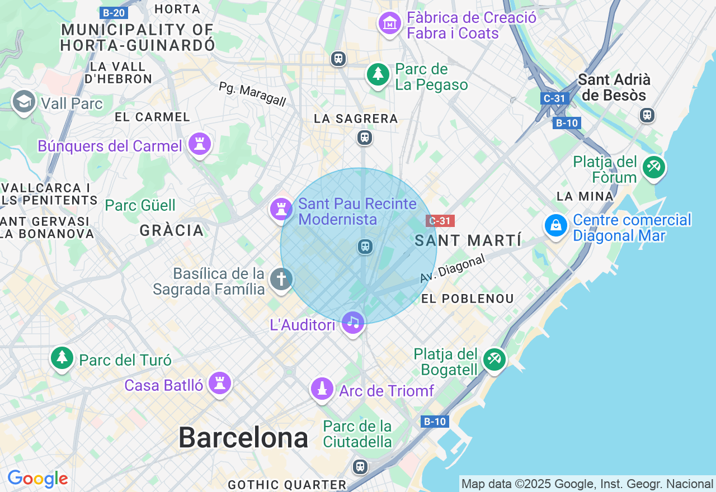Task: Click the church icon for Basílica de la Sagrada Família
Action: [x=281, y=279]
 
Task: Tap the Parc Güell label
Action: [x=140, y=205]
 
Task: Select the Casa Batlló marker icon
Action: [x=219, y=384]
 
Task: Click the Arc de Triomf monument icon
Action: [x=322, y=389]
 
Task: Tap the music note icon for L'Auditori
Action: [x=353, y=322]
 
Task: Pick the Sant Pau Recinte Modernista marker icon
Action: [x=281, y=210]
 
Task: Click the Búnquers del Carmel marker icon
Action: [x=199, y=144]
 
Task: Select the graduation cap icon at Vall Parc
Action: [x=23, y=102]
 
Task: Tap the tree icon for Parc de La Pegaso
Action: [x=378, y=74]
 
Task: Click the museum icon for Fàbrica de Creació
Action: [x=389, y=23]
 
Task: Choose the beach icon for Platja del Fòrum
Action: [x=653, y=167]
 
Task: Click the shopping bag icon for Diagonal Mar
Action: [x=556, y=225]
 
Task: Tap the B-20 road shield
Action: [x=114, y=13]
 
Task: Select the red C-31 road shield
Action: [x=440, y=221]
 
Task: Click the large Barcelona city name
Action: [x=243, y=438]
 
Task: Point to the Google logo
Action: [x=37, y=479]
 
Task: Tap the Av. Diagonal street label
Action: [x=452, y=268]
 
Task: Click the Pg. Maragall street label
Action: [x=252, y=94]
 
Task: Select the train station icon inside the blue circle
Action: [x=365, y=246]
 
